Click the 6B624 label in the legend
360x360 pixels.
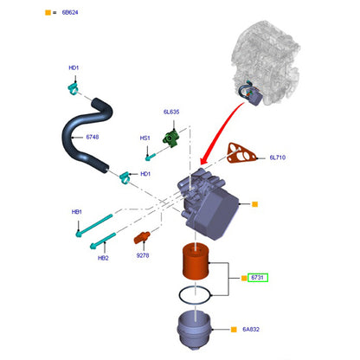70,12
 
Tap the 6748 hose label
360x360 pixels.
93,137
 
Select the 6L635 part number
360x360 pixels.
171,112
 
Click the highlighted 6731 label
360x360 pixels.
258,278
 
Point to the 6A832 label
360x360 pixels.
251,329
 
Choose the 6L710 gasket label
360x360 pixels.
278,157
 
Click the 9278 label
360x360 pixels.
143,255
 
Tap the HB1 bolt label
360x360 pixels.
77,212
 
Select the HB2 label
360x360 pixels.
103,258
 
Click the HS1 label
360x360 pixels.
145,138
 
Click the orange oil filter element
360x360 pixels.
196,261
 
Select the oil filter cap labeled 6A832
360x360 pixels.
195,330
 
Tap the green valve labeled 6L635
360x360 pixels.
170,138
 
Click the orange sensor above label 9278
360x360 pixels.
142,237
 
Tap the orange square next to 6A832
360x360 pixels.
234,330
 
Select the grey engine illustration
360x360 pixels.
266,62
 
